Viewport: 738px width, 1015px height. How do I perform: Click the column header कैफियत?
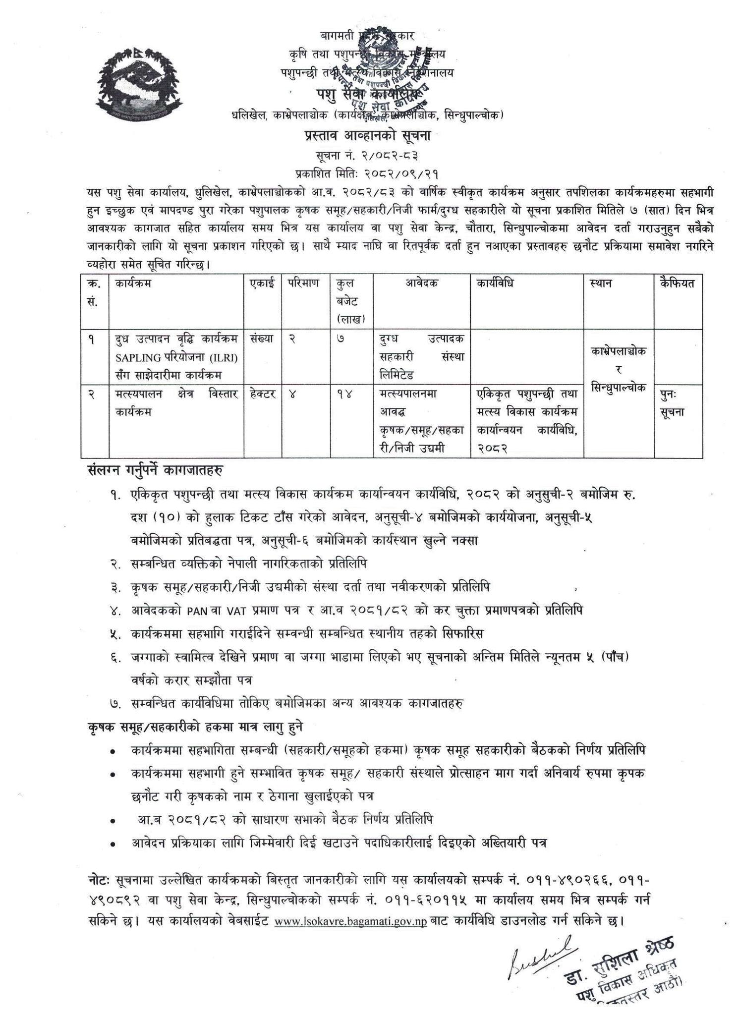click(677, 283)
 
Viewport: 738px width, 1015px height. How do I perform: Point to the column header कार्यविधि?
click(495, 283)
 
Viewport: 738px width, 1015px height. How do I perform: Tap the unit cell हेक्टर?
click(263, 395)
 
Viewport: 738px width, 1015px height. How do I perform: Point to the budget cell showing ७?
click(340, 340)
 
